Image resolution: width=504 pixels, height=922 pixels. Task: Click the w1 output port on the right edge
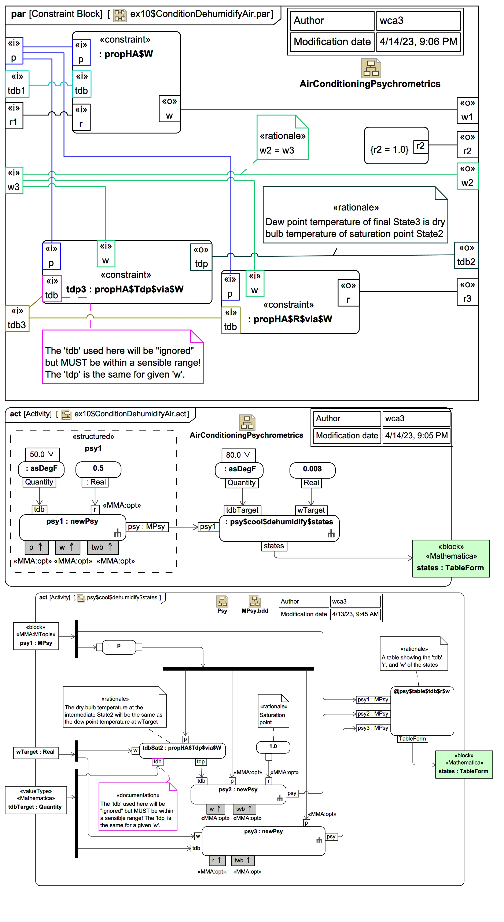point(467,110)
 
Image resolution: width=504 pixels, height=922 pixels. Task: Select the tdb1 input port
point(17,84)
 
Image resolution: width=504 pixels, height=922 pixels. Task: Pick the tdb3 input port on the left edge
point(17,318)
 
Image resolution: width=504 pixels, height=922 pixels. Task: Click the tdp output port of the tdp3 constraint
point(201,257)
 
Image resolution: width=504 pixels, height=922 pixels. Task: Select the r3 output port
point(467,292)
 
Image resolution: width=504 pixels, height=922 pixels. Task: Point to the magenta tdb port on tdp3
point(51,288)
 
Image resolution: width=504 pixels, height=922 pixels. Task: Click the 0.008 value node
point(312,469)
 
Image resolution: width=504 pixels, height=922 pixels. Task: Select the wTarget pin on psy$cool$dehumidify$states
point(311,510)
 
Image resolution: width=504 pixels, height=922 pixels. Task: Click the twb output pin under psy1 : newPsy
point(102,547)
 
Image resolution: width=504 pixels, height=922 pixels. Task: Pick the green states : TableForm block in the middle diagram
point(450,558)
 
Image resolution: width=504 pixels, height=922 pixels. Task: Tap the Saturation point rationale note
point(273,711)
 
